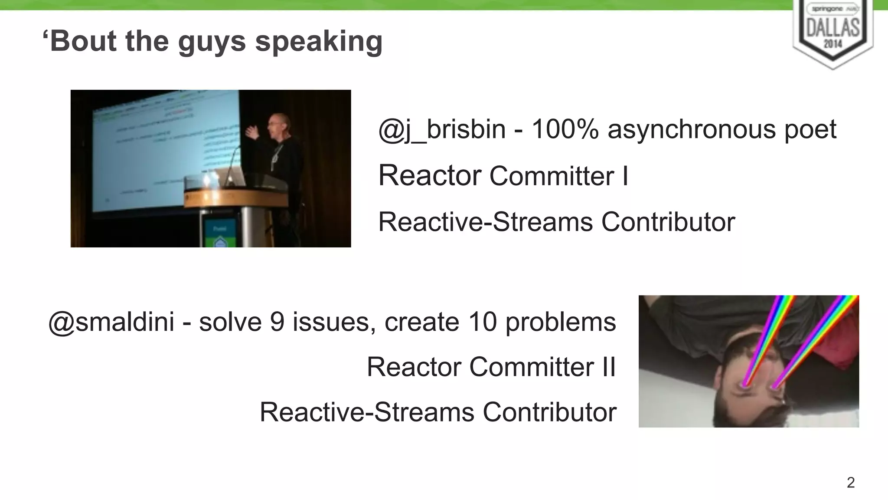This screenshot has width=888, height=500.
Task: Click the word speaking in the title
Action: click(319, 42)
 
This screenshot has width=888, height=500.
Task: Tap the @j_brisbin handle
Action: click(442, 129)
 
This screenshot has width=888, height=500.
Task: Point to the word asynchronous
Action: click(691, 129)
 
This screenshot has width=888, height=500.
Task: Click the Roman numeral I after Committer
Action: click(625, 176)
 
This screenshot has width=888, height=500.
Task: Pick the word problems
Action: click(560, 322)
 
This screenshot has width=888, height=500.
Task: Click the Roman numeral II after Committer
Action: click(608, 367)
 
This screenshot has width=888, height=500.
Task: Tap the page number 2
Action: click(850, 483)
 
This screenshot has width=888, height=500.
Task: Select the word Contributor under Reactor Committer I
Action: click(668, 222)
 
